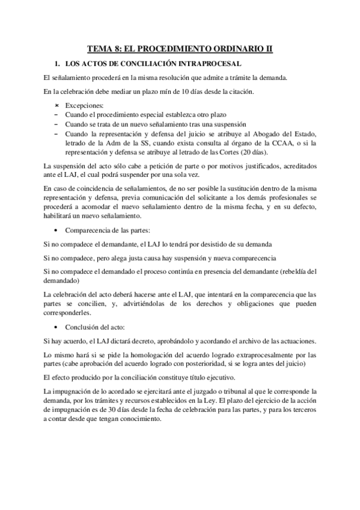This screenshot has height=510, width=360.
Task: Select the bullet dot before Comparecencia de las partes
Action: (56, 230)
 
